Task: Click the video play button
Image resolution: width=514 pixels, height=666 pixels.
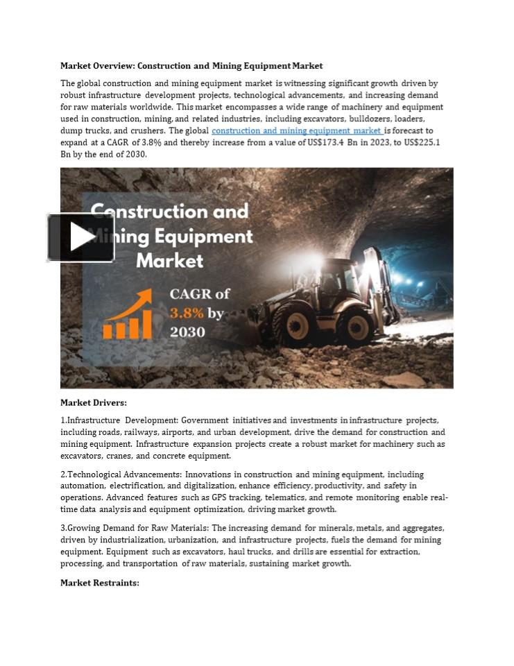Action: (81, 237)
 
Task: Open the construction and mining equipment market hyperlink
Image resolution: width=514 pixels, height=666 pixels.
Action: (296, 130)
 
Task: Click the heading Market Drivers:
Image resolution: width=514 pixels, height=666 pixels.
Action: (93, 402)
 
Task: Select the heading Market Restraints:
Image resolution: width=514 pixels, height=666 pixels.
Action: (99, 583)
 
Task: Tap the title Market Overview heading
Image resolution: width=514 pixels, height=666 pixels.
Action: (191, 66)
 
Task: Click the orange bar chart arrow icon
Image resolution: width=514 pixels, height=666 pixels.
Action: (128, 316)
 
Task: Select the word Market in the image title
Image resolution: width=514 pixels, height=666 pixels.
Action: (170, 261)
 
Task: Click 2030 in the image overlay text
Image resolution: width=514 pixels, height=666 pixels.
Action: (187, 332)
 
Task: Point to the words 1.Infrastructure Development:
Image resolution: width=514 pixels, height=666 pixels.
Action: (119, 420)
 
